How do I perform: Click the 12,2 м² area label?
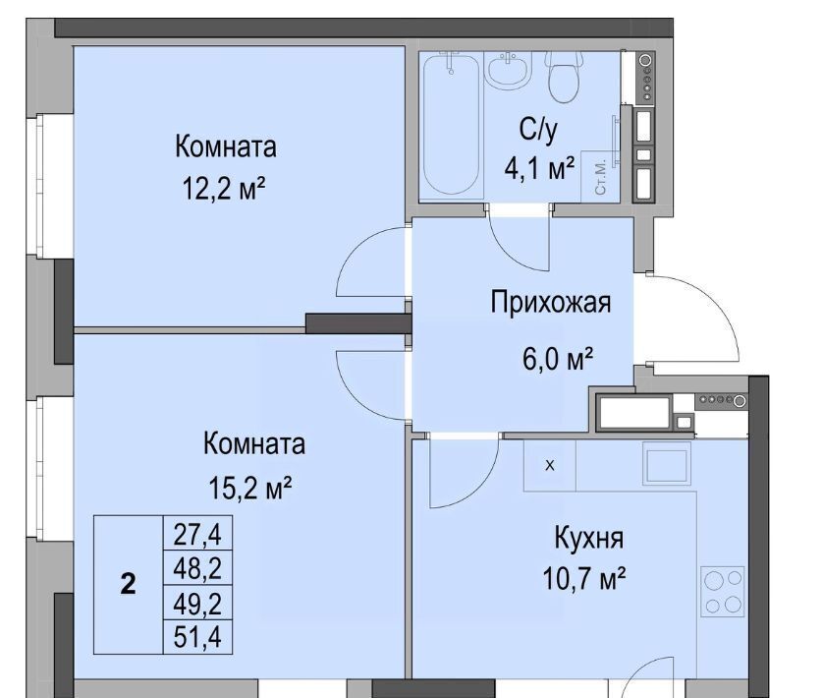click(224, 188)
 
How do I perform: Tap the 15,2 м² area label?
click(249, 488)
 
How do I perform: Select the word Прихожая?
click(551, 303)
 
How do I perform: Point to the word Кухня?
click(589, 538)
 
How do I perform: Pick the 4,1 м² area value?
click(539, 168)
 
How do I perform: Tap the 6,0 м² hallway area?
click(558, 359)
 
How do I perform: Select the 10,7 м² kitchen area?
click(583, 579)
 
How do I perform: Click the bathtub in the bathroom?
click(452, 124)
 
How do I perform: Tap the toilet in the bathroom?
click(565, 77)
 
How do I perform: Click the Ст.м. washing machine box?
click(600, 177)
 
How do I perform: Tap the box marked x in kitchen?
click(550, 465)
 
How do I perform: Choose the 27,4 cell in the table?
click(197, 534)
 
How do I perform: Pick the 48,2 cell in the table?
click(197, 567)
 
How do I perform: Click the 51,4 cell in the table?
click(197, 636)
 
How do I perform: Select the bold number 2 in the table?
click(128, 583)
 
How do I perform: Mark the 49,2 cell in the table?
click(197, 603)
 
